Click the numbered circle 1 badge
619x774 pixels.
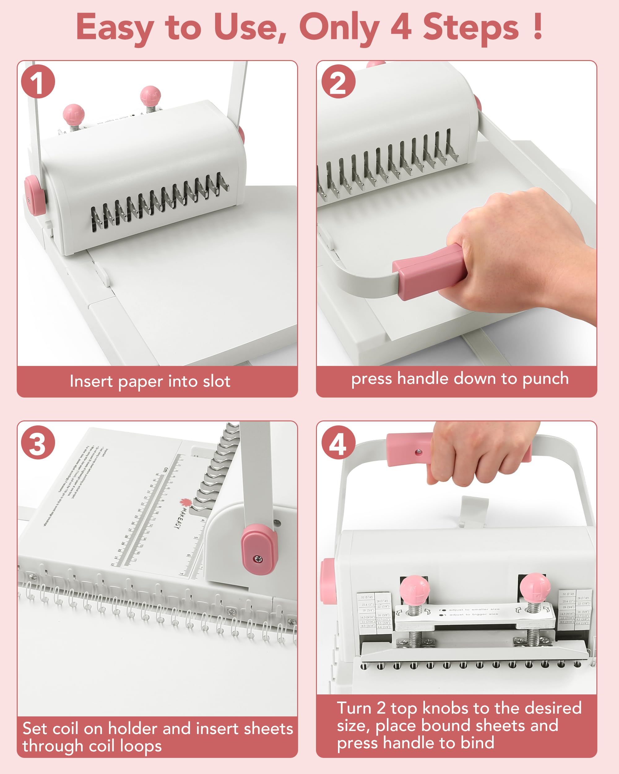pos(38,81)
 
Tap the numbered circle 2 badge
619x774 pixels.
pos(338,81)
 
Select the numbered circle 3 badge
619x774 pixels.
pos(38,442)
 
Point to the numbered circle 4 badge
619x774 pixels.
pos(338,442)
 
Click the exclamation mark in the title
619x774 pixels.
pos(537,27)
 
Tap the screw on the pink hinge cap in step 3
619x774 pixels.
pos(258,559)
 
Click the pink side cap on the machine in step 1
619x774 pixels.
pos(34,195)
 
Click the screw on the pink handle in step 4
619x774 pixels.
pos(418,452)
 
